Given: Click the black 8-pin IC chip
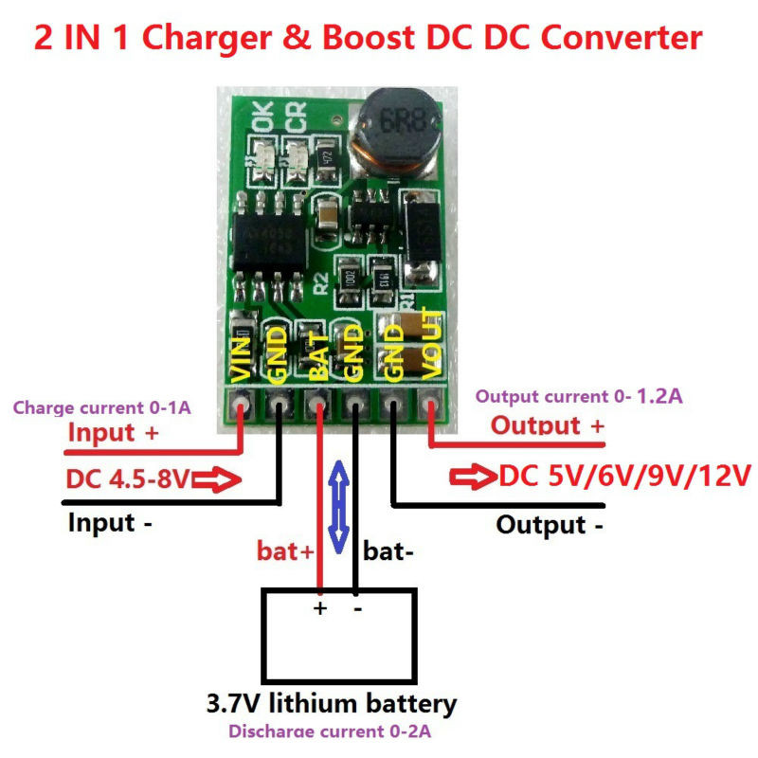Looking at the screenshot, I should pos(269,238).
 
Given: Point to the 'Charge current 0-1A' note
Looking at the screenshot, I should pos(101,408).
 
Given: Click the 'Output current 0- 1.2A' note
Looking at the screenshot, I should pos(578,396).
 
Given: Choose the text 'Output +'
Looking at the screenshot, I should pos(547,425).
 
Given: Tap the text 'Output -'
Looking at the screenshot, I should pos(550,525).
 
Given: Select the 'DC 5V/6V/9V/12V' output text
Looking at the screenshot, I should pos(623,475).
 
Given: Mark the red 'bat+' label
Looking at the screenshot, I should pos(285,550).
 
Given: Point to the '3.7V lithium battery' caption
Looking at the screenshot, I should pos(332,704).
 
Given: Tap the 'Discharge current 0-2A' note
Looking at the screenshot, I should pos(332,731).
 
